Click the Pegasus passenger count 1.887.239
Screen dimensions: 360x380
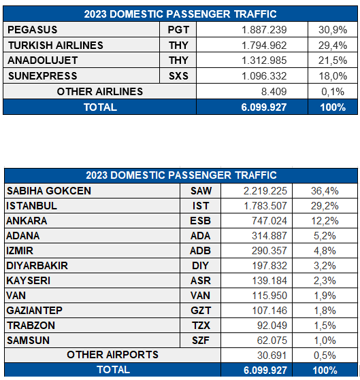click(x=264, y=30)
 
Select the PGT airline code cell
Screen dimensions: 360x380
click(x=178, y=30)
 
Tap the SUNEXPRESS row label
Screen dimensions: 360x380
click(x=43, y=76)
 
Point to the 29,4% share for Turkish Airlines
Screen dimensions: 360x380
click(x=333, y=46)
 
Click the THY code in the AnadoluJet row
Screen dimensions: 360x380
click(x=178, y=61)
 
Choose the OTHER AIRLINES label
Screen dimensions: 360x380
click(x=100, y=92)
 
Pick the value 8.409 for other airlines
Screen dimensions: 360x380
click(x=274, y=92)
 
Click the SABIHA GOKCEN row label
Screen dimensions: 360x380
click(x=49, y=191)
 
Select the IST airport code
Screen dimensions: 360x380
click(x=201, y=206)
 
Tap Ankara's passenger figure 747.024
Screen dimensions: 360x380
click(x=269, y=221)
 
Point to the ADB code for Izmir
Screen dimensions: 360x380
click(x=200, y=251)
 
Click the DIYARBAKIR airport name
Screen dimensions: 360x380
click(x=37, y=266)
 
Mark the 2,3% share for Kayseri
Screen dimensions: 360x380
click(x=325, y=281)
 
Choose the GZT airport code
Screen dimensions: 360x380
click(x=201, y=311)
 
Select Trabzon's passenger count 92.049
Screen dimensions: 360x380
click(x=272, y=326)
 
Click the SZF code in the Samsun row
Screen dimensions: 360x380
click(x=201, y=341)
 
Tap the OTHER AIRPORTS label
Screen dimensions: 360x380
click(x=112, y=355)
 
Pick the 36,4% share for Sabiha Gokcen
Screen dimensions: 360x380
click(x=325, y=191)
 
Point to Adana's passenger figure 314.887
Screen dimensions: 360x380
click(x=269, y=236)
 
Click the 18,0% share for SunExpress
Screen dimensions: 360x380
click(x=333, y=76)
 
